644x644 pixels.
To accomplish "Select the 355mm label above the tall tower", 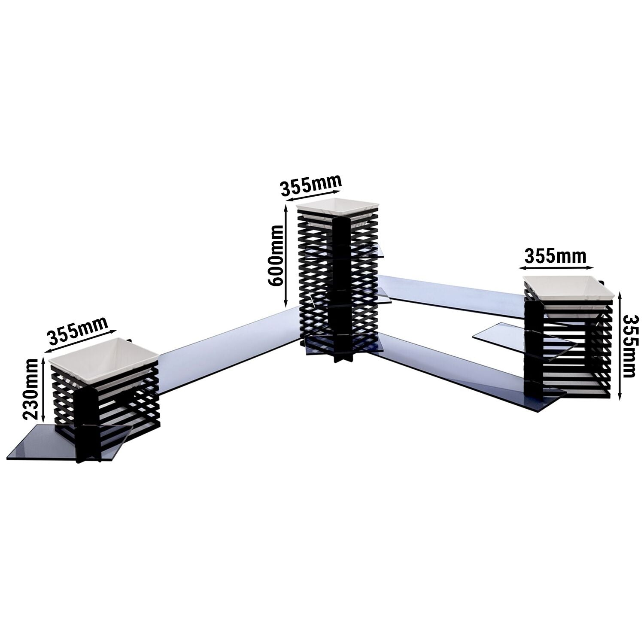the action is click(311, 184).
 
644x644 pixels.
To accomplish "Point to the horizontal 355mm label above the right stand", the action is click(555, 256).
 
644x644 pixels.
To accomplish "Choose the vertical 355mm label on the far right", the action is click(629, 346).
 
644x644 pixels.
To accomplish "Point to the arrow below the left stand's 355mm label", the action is click(81, 341).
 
